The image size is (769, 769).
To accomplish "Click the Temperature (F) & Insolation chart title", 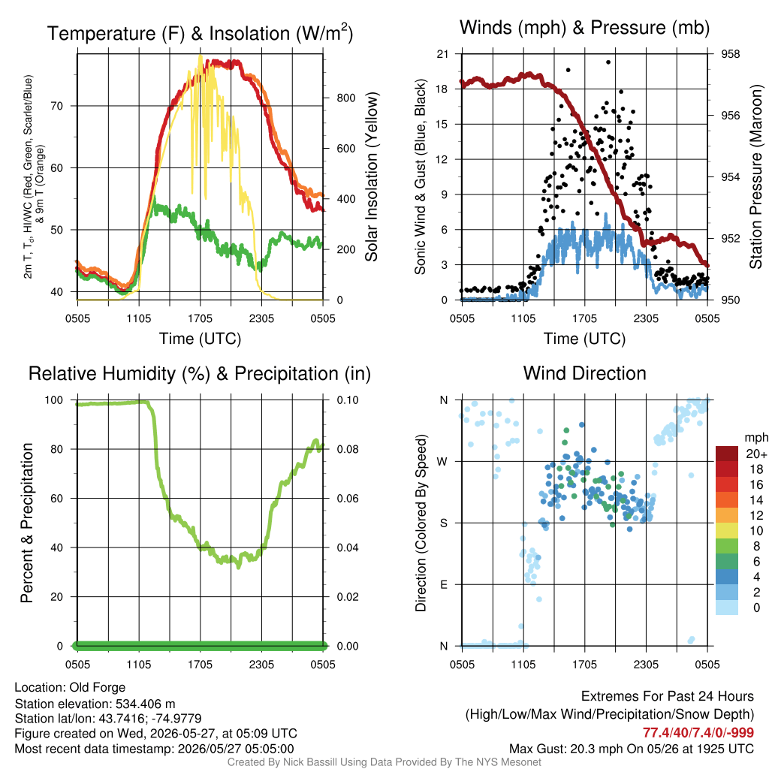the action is (200, 33).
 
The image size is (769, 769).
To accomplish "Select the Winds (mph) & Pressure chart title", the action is (584, 28).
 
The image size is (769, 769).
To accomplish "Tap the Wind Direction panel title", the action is (584, 373).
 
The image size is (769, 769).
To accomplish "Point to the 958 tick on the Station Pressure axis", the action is (730, 54).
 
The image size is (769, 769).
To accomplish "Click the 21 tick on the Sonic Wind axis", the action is (443, 54).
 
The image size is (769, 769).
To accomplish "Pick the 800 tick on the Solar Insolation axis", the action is (346, 98).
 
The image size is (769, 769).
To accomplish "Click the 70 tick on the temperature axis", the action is (57, 106).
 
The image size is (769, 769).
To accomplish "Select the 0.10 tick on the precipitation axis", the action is (348, 400).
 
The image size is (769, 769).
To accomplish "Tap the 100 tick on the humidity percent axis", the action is (54, 400).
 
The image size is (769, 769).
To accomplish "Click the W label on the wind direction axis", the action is (442, 462).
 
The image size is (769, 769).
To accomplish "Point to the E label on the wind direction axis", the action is (444, 584).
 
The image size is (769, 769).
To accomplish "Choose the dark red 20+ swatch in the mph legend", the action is (727, 454).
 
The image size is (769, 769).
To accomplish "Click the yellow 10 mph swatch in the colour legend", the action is (727, 531).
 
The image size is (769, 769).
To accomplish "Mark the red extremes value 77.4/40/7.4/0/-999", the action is (698, 733).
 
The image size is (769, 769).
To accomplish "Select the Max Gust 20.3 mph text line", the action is (632, 749).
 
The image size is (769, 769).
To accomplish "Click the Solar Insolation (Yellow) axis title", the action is (371, 177).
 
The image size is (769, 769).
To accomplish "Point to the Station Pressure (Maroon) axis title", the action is (755, 176).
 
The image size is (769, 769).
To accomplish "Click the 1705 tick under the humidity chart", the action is (200, 665).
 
